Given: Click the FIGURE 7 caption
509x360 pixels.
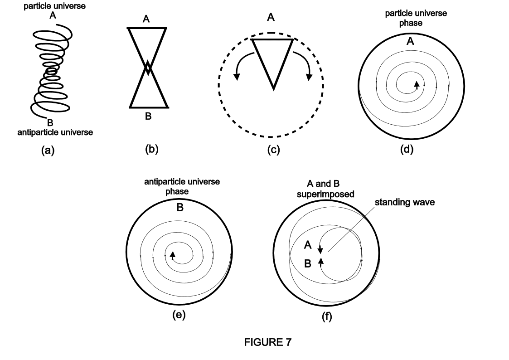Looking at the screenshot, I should coord(267,342).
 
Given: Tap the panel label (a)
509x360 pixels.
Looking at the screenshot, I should coord(48,151).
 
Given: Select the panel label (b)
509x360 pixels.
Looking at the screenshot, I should coord(151,149).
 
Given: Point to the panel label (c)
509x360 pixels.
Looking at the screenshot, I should coord(273,150).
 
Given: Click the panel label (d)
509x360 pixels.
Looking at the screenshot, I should coord(407,149).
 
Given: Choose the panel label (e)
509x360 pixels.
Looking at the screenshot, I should coord(179,315).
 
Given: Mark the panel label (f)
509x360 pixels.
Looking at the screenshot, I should coord(327,316).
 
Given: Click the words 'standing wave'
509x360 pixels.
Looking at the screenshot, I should coord(405,202).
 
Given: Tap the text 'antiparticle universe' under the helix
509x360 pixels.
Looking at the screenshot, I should coord(55,132).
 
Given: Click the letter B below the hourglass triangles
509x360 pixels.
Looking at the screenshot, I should coord(148,116).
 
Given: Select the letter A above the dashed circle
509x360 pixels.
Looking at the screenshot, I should coord(271,18).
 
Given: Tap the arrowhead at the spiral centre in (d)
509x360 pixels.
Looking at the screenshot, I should coord(417,84).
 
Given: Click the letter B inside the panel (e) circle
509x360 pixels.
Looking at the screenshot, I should coord(179,208).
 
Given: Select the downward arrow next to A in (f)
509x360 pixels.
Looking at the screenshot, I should coord(320,249).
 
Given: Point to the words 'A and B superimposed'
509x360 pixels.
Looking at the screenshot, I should coord(325,189).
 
